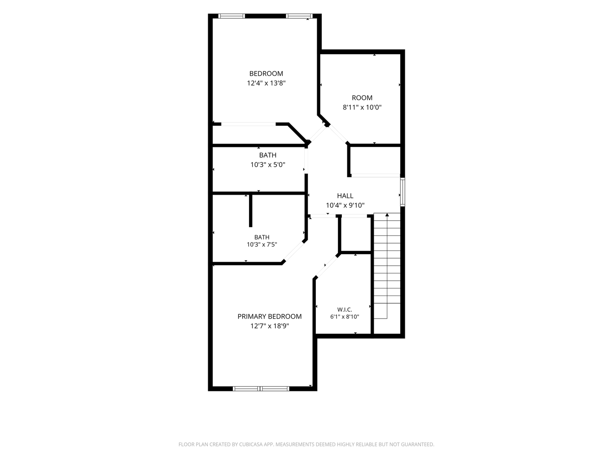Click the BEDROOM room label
(266, 73)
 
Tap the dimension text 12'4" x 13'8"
(266, 83)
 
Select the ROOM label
(362, 98)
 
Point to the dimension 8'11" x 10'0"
(362, 107)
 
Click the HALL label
(345, 196)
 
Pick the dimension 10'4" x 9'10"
(345, 205)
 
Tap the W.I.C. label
(344, 310)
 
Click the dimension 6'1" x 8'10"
(344, 317)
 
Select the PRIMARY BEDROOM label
(269, 316)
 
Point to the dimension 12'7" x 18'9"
(269, 326)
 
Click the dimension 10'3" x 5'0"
(267, 165)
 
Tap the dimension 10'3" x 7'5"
(262, 244)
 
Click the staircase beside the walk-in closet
(387, 266)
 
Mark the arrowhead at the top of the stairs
(387, 215)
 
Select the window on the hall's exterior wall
(402, 192)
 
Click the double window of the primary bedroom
(261, 388)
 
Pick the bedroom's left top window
(232, 16)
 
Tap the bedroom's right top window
(299, 16)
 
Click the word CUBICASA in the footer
(251, 444)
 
